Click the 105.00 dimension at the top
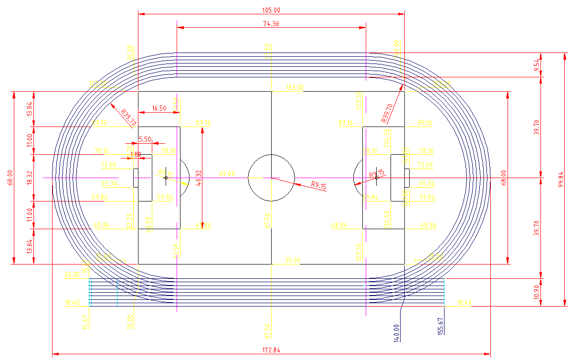(x=271, y=10)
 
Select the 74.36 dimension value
(x=271, y=24)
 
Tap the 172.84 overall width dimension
(x=271, y=350)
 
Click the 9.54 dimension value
(x=537, y=64)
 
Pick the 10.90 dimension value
(x=537, y=292)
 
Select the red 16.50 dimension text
(x=159, y=108)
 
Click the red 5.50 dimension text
(x=145, y=139)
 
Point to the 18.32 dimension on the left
(x=30, y=178)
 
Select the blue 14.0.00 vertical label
(x=396, y=332)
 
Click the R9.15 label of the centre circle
(x=318, y=186)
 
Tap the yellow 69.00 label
(x=226, y=174)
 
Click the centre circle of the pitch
(x=271, y=177)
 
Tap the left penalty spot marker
(x=166, y=177)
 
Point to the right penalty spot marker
(x=376, y=177)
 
